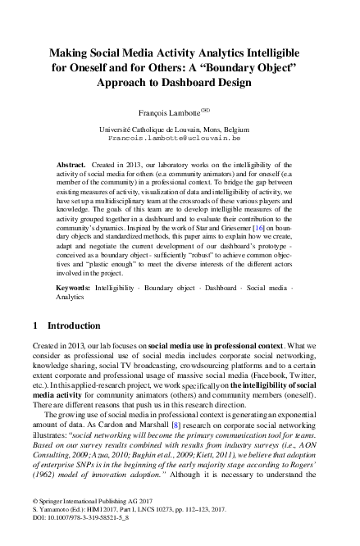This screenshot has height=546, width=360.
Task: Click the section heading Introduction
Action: pyautogui.click(x=74, y=325)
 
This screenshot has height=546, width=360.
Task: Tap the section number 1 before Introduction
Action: pyautogui.click(x=36, y=325)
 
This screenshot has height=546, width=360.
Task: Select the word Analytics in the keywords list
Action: pyautogui.click(x=71, y=298)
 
